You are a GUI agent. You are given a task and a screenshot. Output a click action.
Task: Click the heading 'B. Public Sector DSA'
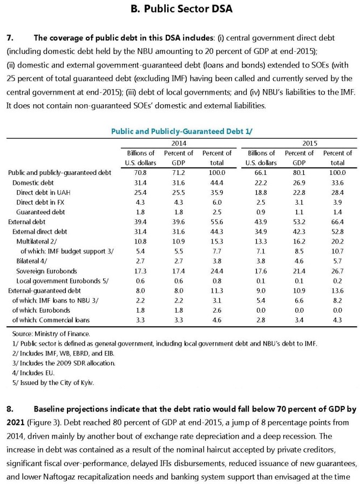pyautogui.click(x=179, y=9)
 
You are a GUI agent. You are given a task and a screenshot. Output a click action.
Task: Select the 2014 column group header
pyautogui.click(x=179, y=144)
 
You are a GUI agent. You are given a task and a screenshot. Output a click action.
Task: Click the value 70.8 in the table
pyautogui.click(x=140, y=172)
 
